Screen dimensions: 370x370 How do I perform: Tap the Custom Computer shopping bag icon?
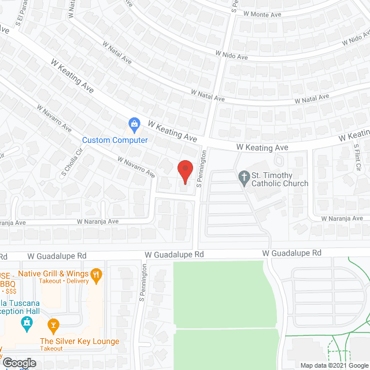134,123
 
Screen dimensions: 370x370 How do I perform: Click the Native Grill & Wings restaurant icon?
97,275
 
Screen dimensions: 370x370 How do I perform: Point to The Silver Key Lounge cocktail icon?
54,325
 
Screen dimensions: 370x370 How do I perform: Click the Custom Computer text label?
115,140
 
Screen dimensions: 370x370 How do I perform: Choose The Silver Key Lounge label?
79,342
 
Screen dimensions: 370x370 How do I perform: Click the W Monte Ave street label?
262,13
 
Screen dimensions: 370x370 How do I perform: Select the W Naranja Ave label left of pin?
98,221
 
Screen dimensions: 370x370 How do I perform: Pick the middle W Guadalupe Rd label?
174,254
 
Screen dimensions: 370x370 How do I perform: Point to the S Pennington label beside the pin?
201,170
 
